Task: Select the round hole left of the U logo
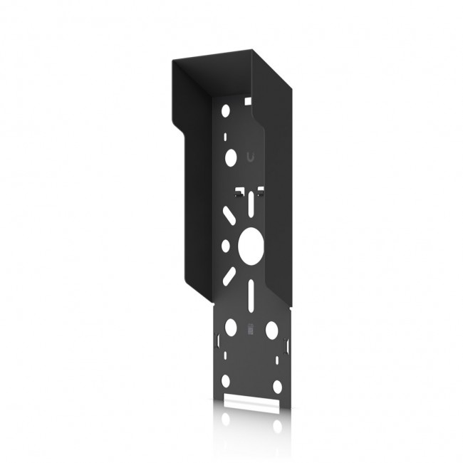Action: (229, 156)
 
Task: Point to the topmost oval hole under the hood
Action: (226, 111)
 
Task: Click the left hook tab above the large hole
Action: (239, 192)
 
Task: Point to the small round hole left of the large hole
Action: (226, 245)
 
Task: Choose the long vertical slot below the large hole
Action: (251, 293)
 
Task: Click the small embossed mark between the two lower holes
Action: (250, 329)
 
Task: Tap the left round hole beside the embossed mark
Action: (231, 328)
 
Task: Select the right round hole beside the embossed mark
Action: (271, 329)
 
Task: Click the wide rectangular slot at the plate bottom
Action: (249, 402)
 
